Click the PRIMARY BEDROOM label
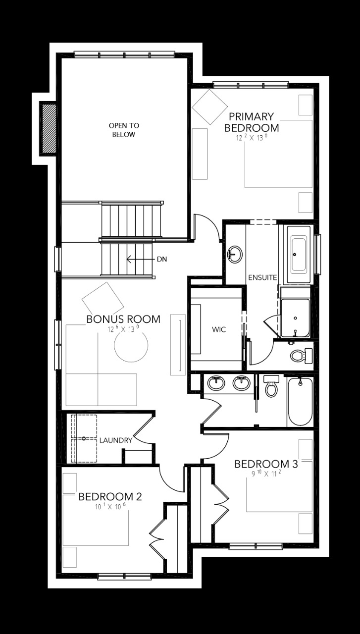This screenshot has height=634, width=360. [252, 122]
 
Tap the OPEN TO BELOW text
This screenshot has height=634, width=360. [124, 130]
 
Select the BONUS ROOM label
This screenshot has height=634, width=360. [123, 319]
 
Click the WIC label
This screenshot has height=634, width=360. [218, 329]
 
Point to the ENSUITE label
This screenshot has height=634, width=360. [262, 277]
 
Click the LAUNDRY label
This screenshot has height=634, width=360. [115, 440]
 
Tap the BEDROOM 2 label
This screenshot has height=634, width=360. [110, 496]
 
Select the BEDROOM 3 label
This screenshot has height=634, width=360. [266, 464]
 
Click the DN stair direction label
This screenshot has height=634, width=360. [161, 259]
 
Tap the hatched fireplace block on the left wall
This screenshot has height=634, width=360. [48, 128]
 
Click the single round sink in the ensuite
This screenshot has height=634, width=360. [235, 254]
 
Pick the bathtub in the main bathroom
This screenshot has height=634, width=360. [300, 401]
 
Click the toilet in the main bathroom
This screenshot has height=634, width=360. [271, 386]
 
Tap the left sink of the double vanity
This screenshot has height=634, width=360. [215, 383]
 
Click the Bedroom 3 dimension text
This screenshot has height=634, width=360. [266, 474]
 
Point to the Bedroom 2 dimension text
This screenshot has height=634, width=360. [110, 507]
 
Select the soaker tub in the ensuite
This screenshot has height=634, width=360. [299, 255]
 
